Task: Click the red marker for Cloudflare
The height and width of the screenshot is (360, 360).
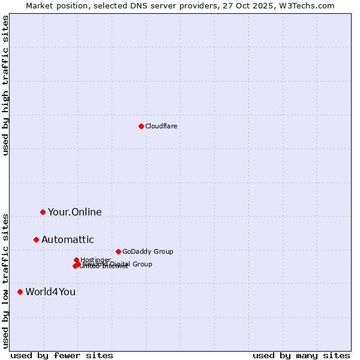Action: (141, 126)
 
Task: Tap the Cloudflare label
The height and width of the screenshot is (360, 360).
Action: (161, 126)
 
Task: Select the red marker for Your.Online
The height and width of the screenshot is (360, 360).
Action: (43, 212)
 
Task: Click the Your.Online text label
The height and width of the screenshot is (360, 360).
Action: (74, 212)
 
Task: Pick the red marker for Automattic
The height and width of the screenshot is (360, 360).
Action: (36, 239)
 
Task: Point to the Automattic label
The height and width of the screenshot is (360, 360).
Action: (67, 240)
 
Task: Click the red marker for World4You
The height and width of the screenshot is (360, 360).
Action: (20, 292)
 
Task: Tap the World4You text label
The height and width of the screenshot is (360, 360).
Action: (50, 292)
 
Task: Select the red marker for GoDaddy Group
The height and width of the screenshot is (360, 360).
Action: (118, 251)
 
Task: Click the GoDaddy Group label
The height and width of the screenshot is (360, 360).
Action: (148, 251)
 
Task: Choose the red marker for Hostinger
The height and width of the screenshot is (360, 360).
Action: (76, 260)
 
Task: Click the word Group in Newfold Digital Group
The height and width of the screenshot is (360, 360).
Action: (142, 264)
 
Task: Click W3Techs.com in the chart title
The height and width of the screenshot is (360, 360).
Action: (309, 5)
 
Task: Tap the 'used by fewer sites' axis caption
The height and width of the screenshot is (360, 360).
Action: (62, 355)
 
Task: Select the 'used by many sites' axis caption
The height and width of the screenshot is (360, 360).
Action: (301, 355)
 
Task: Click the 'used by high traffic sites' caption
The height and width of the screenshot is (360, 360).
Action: (5, 85)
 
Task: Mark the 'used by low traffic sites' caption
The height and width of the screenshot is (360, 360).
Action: (5, 281)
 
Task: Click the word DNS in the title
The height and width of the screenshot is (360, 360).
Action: (131, 5)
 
